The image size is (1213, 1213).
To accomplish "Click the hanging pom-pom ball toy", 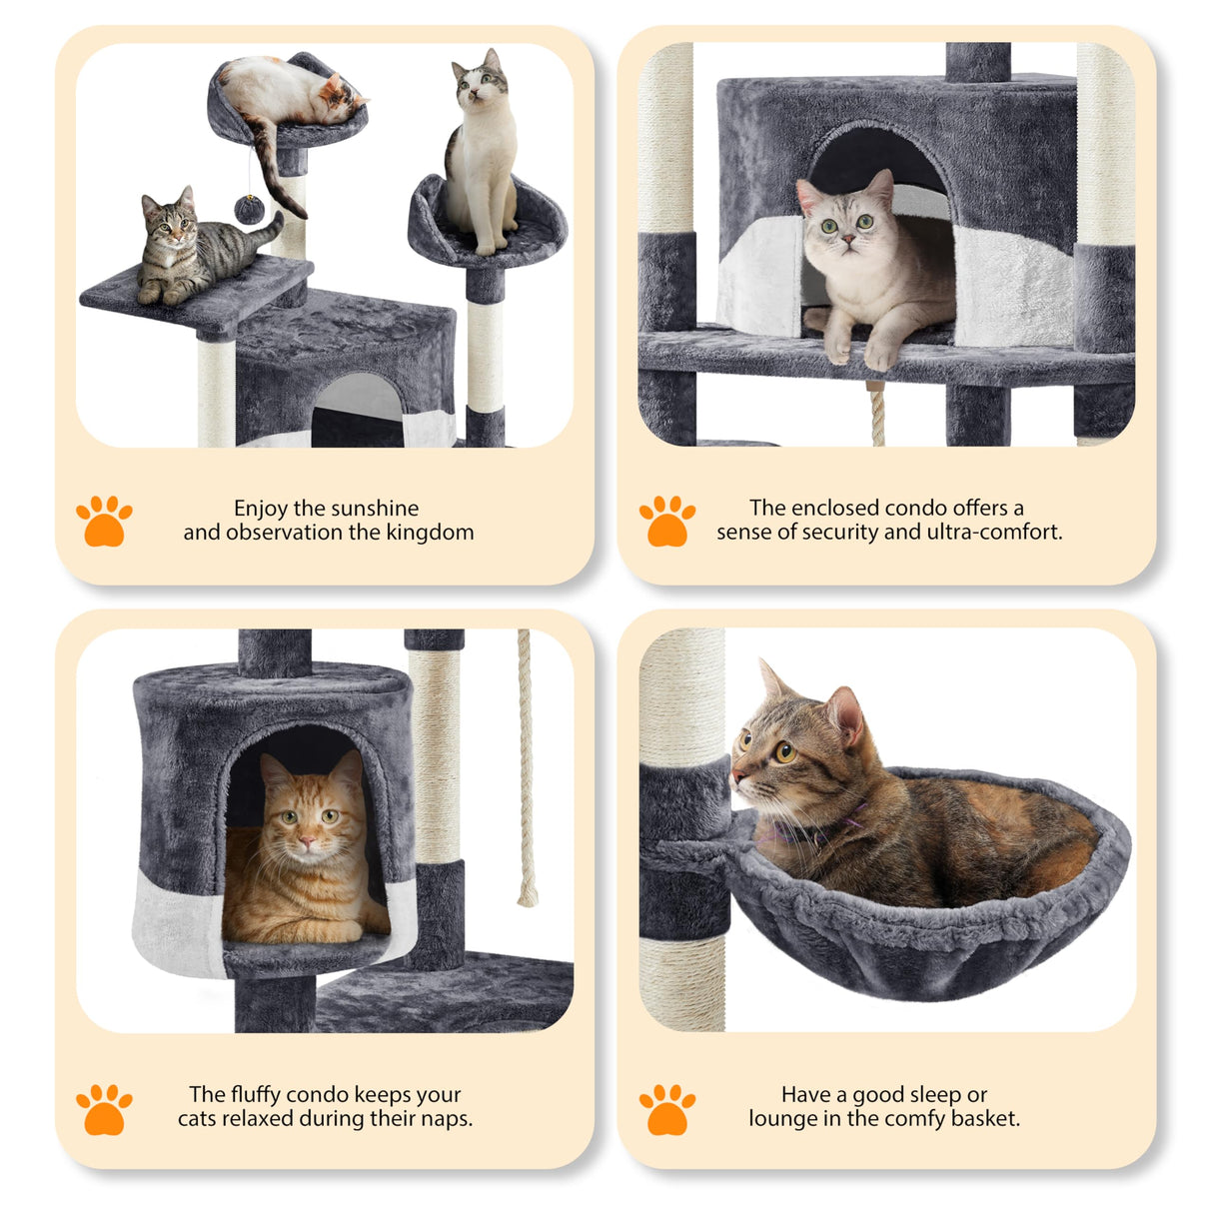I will [249, 210].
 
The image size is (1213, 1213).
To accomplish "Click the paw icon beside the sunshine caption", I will [104, 521].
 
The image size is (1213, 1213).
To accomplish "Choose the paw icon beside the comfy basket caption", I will [666, 1109].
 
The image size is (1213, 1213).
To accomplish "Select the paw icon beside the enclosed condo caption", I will [666, 521].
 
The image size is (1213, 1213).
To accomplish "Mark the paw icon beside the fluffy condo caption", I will [104, 1109].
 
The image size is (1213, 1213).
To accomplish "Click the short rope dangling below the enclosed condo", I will [878, 415].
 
